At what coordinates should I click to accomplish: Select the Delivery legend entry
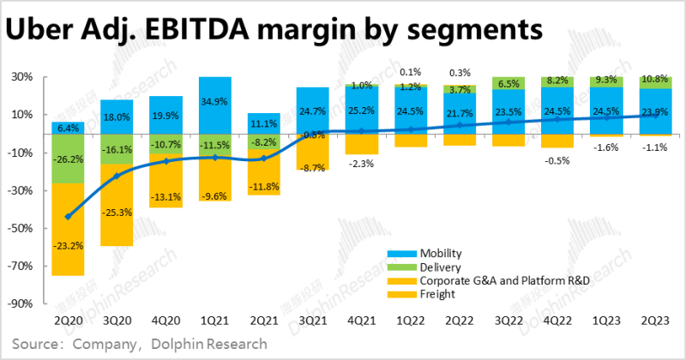pyautogui.click(x=440, y=267)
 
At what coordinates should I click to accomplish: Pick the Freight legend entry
pyautogui.click(x=437, y=294)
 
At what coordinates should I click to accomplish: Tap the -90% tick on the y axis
pyautogui.click(x=21, y=303)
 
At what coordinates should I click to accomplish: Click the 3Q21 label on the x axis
pyautogui.click(x=313, y=320)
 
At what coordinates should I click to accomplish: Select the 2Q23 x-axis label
pyautogui.click(x=656, y=320)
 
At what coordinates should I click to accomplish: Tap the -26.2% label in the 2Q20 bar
pyautogui.click(x=67, y=159)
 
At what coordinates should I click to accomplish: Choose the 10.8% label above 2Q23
pyautogui.click(x=656, y=79)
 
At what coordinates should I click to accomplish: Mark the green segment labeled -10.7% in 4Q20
pyautogui.click(x=165, y=144)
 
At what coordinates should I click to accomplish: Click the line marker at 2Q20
pyautogui.click(x=67, y=217)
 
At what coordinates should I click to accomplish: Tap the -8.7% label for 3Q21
pyautogui.click(x=313, y=168)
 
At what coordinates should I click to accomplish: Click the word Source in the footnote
pyautogui.click(x=34, y=343)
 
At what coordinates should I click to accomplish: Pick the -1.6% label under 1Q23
pyautogui.click(x=607, y=147)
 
